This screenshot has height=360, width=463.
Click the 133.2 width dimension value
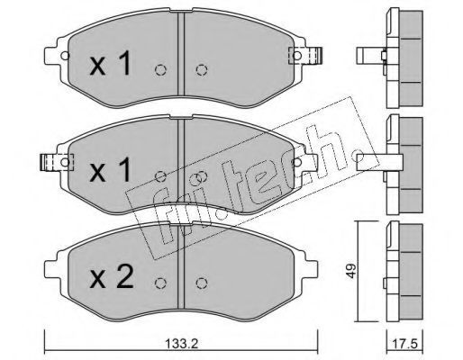182,343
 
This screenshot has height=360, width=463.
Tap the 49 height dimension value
351,271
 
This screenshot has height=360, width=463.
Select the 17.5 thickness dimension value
405,344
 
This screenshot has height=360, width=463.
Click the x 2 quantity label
111,277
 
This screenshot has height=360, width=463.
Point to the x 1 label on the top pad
110,63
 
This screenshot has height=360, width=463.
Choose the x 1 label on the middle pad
110,170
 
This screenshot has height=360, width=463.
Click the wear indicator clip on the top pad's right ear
305,56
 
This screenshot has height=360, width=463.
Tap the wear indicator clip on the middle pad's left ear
57,162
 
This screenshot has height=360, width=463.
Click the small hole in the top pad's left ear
65,56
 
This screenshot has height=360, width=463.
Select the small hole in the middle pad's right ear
296,162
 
